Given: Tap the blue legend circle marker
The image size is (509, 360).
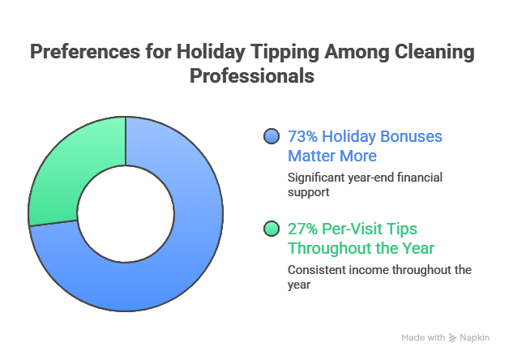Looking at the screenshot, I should pyautogui.click(x=272, y=136).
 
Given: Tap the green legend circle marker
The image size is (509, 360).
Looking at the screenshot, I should pyautogui.click(x=272, y=229).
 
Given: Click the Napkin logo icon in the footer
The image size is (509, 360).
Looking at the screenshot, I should pyautogui.click(x=452, y=336).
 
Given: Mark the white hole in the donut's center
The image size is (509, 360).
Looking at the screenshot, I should pyautogui.click(x=126, y=214).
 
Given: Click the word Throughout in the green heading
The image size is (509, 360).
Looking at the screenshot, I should pyautogui.click(x=329, y=247).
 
